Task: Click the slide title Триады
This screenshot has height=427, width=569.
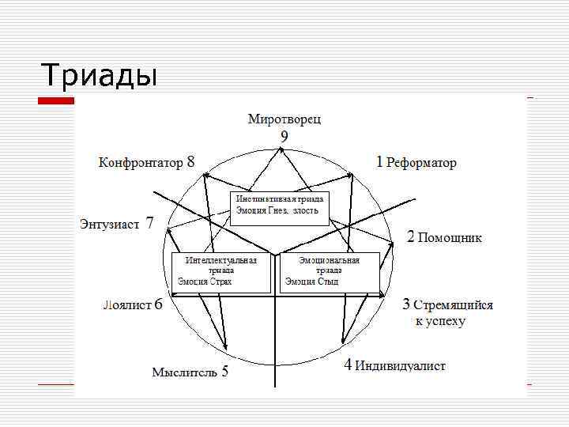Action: pyautogui.click(x=100, y=75)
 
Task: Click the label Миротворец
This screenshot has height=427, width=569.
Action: pyautogui.click(x=284, y=119)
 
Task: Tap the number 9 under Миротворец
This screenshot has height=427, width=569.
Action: pyautogui.click(x=284, y=136)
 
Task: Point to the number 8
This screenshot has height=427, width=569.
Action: pyautogui.click(x=190, y=162)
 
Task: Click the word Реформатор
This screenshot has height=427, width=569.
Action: pyautogui.click(x=421, y=163)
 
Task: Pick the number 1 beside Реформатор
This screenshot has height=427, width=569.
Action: pyautogui.click(x=379, y=162)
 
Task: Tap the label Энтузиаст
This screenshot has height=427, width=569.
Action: pyautogui.click(x=109, y=224)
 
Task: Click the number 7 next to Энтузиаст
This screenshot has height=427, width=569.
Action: pyautogui.click(x=150, y=222)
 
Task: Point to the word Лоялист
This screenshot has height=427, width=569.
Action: pyautogui.click(x=126, y=305)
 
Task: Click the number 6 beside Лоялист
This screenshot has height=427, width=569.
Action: pyautogui.click(x=159, y=304)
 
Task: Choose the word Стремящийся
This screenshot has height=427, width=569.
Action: pyautogui.click(x=454, y=305)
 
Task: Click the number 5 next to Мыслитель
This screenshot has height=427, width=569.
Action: pyautogui.click(x=225, y=372)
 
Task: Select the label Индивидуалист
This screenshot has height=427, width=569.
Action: pyautogui.click(x=400, y=366)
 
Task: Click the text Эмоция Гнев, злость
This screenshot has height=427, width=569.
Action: pyautogui.click(x=277, y=210)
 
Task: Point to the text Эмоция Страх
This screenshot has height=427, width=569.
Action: pyautogui.click(x=205, y=281)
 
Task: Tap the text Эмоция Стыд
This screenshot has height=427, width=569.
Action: pyautogui.click(x=311, y=281)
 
